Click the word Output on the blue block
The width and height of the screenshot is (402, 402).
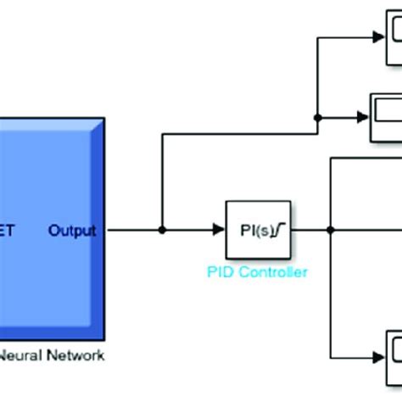(x=72, y=230)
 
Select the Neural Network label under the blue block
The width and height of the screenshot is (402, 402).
(x=53, y=355)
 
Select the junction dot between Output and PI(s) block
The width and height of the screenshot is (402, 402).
(x=162, y=230)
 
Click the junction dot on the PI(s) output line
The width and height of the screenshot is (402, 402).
(x=331, y=230)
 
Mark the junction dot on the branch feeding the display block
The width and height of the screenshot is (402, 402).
(x=315, y=116)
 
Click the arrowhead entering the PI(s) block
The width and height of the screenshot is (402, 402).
(x=218, y=230)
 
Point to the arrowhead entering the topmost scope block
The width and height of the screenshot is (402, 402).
(x=379, y=37)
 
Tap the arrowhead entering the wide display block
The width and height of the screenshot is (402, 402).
(x=365, y=116)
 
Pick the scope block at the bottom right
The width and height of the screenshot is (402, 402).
(x=394, y=350)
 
